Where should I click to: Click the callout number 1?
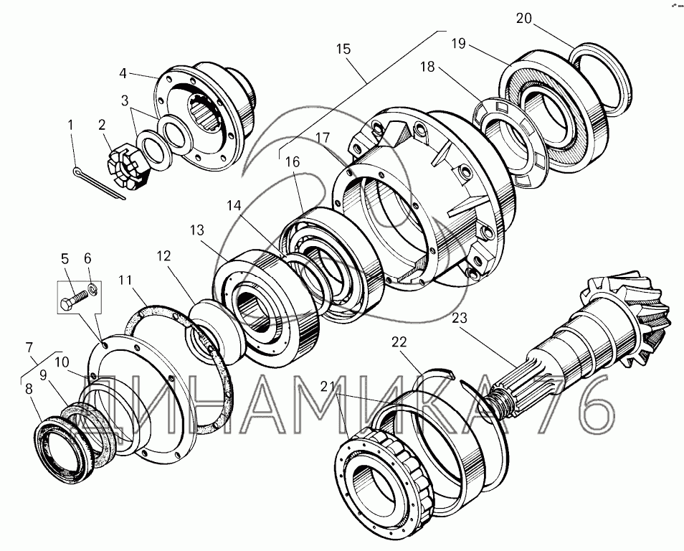pyautogui.click(x=71, y=126)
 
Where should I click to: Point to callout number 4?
pyautogui.click(x=123, y=73)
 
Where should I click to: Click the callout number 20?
pyautogui.click(x=524, y=19)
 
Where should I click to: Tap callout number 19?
pyautogui.click(x=458, y=44)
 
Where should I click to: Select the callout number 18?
pyautogui.click(x=427, y=67)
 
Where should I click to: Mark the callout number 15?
pyautogui.click(x=343, y=49)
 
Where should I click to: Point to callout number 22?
pyautogui.click(x=399, y=342)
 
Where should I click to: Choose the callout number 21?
pyautogui.click(x=329, y=387)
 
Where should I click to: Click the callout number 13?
pyautogui.click(x=197, y=230)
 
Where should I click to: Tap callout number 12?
pyautogui.click(x=163, y=256)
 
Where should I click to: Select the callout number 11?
pyautogui.click(x=125, y=280)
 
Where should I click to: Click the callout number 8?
pyautogui.click(x=29, y=389)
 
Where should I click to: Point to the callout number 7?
pyautogui.click(x=29, y=348)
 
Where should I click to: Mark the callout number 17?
pyautogui.click(x=323, y=138)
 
